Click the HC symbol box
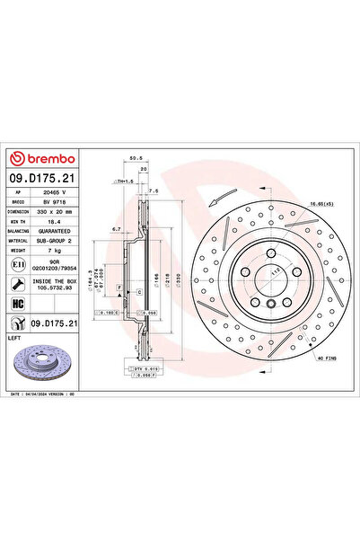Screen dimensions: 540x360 pyautogui.click(x=19, y=302)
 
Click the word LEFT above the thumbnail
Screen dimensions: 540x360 pyautogui.click(x=14, y=337)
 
